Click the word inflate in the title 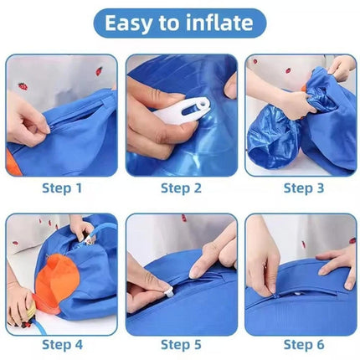coord(220,23)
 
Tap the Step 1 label coord(62,188)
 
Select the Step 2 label coord(181,188)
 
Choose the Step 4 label coord(62,344)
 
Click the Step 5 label coord(181,344)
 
